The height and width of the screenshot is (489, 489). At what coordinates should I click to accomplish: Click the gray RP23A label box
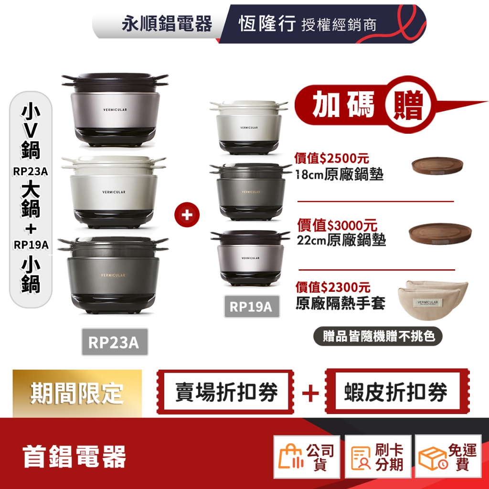tap(115, 342)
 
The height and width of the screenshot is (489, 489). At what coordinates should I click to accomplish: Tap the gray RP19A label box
tap(251, 306)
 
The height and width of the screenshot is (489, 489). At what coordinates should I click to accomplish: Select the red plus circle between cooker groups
tap(187, 215)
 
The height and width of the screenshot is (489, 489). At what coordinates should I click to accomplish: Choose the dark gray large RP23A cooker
tap(113, 275)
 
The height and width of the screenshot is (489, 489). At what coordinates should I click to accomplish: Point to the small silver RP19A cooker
tap(249, 258)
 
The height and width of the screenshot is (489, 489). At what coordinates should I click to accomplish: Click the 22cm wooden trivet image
tap(440, 231)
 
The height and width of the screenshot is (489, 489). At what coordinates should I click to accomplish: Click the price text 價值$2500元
tap(332, 158)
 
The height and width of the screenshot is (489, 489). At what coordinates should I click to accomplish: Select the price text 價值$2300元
tap(333, 287)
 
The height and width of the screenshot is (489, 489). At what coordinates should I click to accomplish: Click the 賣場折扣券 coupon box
tap(226, 393)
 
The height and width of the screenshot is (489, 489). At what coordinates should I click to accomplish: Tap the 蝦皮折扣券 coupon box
tap(395, 393)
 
